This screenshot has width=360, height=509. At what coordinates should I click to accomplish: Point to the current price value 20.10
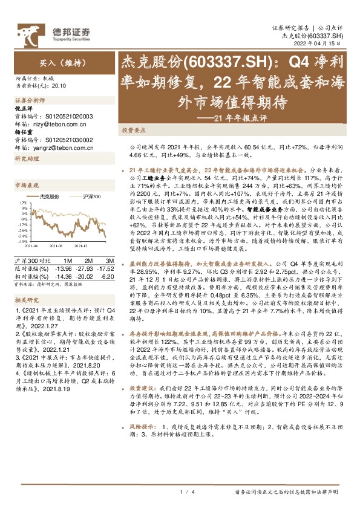click(59, 86)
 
